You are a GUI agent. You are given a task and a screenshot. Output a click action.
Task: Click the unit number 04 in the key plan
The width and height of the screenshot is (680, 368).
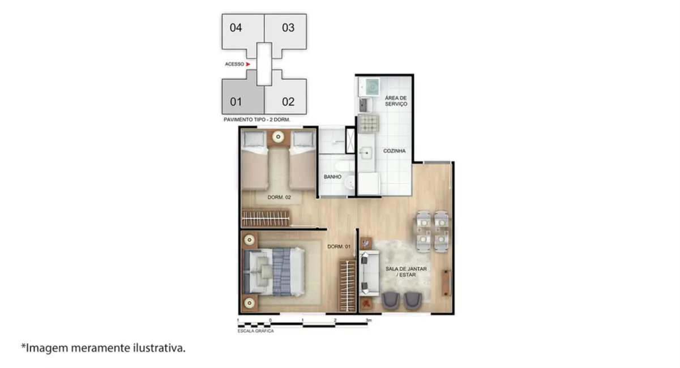(236, 28)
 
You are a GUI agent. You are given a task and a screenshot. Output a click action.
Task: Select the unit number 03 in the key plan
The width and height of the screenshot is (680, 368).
(288, 28)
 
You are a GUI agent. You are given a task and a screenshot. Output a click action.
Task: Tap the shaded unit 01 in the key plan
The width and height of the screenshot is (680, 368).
(236, 102)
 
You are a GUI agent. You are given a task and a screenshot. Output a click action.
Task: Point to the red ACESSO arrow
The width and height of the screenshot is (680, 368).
(248, 65)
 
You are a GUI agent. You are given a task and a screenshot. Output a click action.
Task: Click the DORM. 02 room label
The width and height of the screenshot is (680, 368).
(279, 198)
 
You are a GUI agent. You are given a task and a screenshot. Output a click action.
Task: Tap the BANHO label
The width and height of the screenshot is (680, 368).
(332, 177)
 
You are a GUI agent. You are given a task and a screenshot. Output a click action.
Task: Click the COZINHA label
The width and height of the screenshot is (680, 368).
(394, 151)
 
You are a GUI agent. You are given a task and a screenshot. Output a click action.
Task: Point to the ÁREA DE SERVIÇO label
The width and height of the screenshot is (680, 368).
(396, 101)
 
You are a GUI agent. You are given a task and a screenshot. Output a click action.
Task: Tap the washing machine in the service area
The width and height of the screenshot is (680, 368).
(371, 87)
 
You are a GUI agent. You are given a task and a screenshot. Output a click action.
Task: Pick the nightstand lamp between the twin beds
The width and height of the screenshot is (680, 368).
(278, 137)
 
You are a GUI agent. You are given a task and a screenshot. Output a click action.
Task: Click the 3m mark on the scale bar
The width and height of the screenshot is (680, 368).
(368, 320)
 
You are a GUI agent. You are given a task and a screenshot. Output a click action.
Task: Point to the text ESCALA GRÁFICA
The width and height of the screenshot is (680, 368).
(255, 331)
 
